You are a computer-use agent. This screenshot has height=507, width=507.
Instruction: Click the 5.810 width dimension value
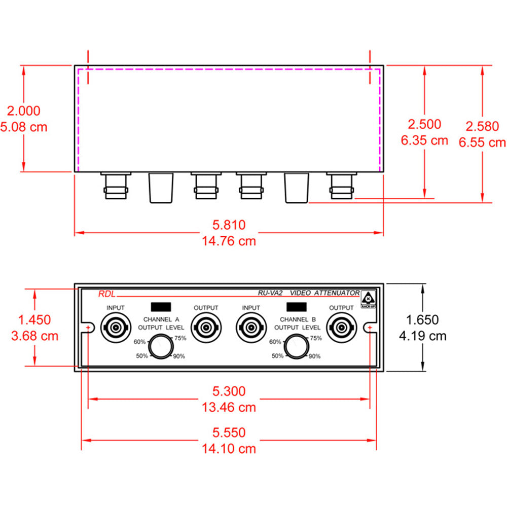tap(229, 225)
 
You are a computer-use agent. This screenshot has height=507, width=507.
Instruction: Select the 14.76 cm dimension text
tap(229, 241)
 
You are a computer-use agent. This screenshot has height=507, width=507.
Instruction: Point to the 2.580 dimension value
tap(482, 126)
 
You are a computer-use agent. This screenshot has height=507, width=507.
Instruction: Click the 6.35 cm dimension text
tap(424, 140)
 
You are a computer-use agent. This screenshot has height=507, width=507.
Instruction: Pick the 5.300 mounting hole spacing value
tap(229, 391)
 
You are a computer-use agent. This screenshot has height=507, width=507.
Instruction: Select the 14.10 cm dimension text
tap(229, 449)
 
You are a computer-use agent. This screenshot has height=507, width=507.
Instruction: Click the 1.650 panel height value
tap(422, 320)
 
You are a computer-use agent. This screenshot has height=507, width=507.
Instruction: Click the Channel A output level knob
tap(161, 347)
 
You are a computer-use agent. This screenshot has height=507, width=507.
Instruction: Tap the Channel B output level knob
tap(297, 347)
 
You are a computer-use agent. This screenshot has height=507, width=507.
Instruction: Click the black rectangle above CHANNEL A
tap(161, 307)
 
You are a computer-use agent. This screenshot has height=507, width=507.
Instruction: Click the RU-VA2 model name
tap(270, 293)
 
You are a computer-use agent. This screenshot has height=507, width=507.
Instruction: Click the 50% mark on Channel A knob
tap(142, 356)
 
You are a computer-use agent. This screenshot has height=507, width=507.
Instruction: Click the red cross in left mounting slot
tap(89, 329)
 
